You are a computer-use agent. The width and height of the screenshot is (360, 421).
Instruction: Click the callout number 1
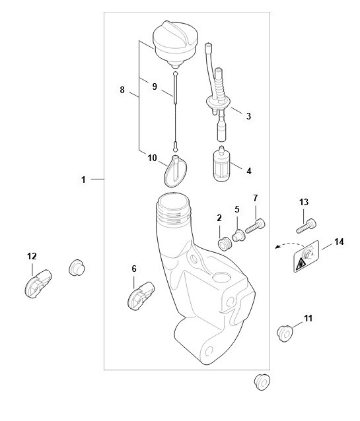point(83,179)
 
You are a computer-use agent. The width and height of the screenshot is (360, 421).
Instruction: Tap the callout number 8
point(122,90)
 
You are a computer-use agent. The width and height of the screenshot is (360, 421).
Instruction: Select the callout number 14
point(339,242)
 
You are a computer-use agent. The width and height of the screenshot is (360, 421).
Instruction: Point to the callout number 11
point(308,319)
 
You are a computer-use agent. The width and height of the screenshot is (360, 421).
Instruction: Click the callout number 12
point(32,257)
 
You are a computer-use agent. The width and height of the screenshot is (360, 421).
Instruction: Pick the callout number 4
point(249,171)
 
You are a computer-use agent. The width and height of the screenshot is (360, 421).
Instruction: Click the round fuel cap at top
point(175,44)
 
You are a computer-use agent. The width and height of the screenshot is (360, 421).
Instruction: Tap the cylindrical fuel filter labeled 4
point(221,164)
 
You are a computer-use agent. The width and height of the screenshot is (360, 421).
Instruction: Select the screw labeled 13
point(306,226)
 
